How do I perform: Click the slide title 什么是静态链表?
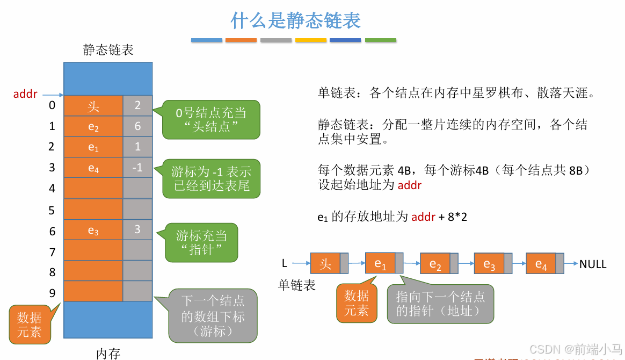tap(295, 20)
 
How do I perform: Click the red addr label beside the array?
tap(25, 95)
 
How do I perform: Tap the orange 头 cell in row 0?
tap(93, 106)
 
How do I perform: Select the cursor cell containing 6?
tap(137, 126)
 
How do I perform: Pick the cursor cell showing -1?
tap(137, 168)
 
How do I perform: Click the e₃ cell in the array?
tap(93, 231)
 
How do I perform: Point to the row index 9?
tap(52, 293)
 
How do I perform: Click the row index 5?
tap(52, 210)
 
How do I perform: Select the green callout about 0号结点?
tap(211, 120)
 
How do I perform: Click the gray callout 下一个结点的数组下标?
tap(213, 316)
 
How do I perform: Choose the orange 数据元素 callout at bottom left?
tap(29, 324)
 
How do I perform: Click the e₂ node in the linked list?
tap(435, 264)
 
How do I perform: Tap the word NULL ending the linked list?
tap(593, 264)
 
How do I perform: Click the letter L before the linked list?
tap(285, 264)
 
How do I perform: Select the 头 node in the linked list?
tap(325, 264)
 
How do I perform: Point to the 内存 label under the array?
tap(108, 353)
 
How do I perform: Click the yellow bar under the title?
tap(311, 40)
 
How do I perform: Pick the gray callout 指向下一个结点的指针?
tap(440, 304)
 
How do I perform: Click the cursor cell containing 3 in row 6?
tap(137, 230)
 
